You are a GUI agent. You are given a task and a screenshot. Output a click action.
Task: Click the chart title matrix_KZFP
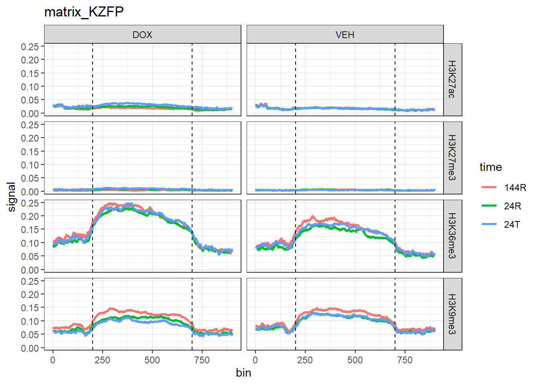tap(84, 12)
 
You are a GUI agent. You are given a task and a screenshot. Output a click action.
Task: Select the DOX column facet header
tap(142, 35)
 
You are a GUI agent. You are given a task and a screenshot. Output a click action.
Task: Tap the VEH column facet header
tap(345, 35)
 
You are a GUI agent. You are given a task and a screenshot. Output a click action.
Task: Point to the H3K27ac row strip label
tap(452, 79)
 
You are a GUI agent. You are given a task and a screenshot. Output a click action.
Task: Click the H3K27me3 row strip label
tap(452, 158)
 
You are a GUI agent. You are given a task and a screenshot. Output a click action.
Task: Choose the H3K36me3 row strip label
tap(452, 236)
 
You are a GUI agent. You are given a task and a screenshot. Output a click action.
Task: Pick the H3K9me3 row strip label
tap(452, 314)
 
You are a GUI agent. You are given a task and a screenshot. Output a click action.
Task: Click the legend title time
tap(490, 167)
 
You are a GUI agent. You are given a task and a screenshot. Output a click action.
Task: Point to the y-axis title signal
tap(12, 197)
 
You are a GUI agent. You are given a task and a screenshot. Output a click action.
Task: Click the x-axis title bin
tap(243, 373)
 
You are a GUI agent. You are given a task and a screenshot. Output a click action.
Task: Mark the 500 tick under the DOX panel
tap(152, 360)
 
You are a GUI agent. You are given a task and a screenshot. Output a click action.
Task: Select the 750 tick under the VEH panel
tap(405, 360)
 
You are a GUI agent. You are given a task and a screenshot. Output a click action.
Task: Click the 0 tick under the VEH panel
tap(255, 360)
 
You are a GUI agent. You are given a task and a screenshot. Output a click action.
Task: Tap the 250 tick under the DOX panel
tap(102, 360)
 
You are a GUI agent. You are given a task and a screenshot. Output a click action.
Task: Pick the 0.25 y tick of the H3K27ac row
tap(30, 47)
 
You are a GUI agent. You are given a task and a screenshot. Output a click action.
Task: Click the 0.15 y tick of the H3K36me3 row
tap(30, 230)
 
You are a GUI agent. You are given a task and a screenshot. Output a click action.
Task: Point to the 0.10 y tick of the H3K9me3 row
tap(30, 321)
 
